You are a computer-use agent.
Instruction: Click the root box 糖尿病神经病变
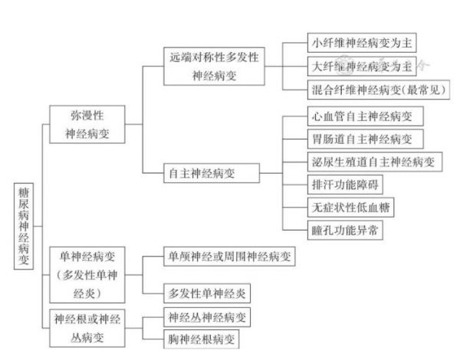click(x=24, y=226)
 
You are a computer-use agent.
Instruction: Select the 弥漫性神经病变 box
click(x=87, y=124)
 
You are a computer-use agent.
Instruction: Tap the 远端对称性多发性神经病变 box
click(x=214, y=66)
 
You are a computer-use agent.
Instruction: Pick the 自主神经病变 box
click(x=212, y=173)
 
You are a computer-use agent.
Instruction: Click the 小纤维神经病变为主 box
click(x=362, y=43)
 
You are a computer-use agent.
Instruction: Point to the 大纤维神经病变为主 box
click(x=362, y=66)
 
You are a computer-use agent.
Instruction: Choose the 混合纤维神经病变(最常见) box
click(x=379, y=90)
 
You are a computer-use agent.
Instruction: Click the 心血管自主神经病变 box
click(x=366, y=116)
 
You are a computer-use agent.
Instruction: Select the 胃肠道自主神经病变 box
click(x=366, y=139)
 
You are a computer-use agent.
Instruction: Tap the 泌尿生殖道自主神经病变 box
click(x=375, y=162)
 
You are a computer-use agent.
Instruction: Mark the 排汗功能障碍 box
click(x=345, y=185)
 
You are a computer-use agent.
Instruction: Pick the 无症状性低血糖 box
click(x=351, y=208)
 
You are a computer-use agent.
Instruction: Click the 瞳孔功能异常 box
click(x=345, y=230)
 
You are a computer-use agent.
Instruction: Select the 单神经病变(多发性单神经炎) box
click(x=87, y=275)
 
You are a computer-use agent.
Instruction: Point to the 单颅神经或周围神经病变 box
click(x=229, y=257)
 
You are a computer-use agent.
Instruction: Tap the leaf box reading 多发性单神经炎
click(x=207, y=293)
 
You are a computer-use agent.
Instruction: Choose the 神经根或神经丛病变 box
click(x=87, y=328)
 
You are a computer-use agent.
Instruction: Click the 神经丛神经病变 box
click(x=207, y=317)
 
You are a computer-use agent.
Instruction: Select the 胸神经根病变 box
click(x=201, y=339)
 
